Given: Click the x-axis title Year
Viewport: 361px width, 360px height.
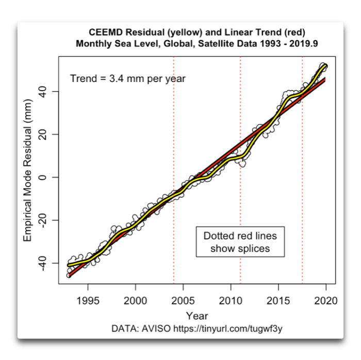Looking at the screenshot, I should click(x=197, y=315).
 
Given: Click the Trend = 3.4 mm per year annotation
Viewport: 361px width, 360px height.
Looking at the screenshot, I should click(x=127, y=79).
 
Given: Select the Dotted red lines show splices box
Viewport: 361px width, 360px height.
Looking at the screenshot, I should click(x=240, y=242).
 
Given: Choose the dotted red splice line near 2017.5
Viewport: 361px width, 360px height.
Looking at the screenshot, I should click(x=302, y=155).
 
